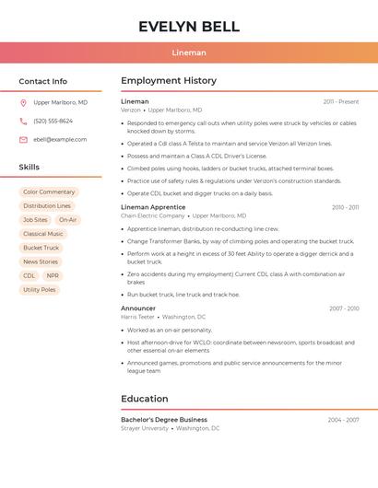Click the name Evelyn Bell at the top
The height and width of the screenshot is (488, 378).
189,27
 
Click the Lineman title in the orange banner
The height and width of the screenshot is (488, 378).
189,52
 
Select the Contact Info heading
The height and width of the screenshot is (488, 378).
43,81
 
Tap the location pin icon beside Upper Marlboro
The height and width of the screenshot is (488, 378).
23,103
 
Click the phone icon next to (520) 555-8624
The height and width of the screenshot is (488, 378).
23,122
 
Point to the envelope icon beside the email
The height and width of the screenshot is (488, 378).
23,140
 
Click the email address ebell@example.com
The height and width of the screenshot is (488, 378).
60,140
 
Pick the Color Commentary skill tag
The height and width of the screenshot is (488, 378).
49,192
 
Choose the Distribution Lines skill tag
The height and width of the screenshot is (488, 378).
47,206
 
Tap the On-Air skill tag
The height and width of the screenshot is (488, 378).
68,220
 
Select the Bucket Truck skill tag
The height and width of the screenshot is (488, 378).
41,248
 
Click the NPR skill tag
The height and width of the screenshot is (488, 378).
53,276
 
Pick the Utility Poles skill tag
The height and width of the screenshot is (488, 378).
40,290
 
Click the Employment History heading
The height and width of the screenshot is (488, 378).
169,81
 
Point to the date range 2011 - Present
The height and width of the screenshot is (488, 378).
341,102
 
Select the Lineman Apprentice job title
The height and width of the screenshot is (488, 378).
154,207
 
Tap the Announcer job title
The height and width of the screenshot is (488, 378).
138,308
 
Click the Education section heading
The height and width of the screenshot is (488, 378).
144,399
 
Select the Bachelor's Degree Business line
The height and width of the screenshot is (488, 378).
164,420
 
